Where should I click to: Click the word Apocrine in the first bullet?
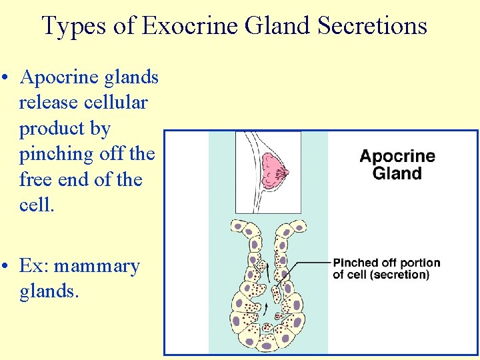(60, 77)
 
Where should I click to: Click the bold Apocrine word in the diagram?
(397, 157)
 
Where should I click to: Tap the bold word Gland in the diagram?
(397, 174)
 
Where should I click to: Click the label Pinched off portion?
(387, 263)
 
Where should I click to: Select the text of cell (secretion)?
(381, 274)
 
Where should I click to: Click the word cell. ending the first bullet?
(36, 205)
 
